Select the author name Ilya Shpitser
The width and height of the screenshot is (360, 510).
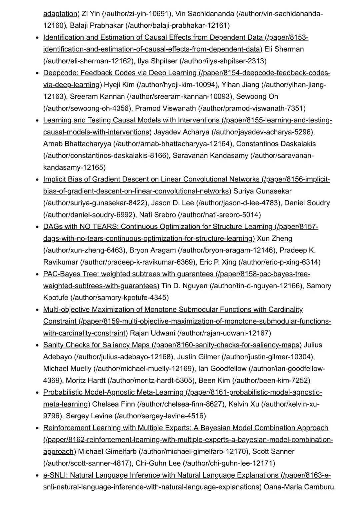click(157, 61)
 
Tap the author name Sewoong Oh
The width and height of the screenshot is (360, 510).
click(257, 96)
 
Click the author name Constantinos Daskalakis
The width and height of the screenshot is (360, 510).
click(276, 144)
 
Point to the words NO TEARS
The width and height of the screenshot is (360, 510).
click(99, 226)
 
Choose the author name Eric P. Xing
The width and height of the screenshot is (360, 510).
click(218, 262)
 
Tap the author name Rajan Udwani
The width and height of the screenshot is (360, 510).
click(152, 333)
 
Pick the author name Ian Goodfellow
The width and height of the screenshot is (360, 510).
click(222, 369)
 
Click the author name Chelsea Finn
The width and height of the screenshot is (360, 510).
click(113, 404)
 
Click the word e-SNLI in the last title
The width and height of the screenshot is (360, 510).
click(55, 475)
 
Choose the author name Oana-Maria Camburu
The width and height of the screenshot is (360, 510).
click(299, 487)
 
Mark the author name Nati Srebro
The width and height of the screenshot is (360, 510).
click(157, 215)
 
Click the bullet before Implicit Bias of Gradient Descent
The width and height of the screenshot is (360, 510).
click(37, 179)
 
